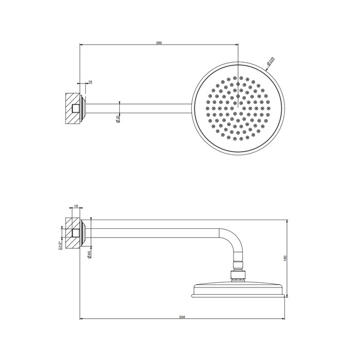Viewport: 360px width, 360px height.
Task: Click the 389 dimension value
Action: [159, 43]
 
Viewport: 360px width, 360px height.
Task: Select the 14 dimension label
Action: [91, 82]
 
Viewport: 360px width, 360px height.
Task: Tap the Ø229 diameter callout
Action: [271, 62]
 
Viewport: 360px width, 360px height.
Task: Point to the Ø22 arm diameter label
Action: [118, 118]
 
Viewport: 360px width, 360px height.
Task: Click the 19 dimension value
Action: [76, 206]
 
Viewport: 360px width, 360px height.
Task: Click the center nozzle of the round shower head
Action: [238, 108]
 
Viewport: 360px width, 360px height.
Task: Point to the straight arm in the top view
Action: [139, 108]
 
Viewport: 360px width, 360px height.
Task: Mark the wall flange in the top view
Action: [82, 109]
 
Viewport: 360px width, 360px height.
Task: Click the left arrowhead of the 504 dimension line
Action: [81, 319]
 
